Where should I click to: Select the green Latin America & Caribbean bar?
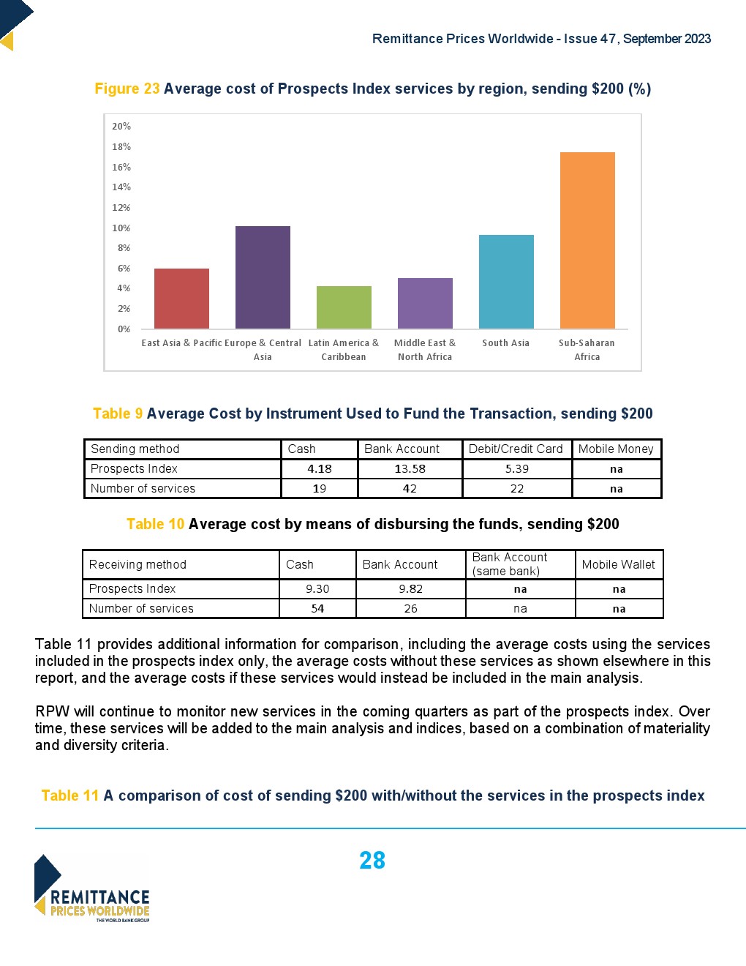pyautogui.click(x=344, y=307)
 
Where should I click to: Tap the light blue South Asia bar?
pyautogui.click(x=506, y=282)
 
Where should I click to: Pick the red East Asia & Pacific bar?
pyautogui.click(x=181, y=299)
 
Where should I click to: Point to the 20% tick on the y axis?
pyautogui.click(x=121, y=127)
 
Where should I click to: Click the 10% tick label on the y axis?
pyautogui.click(x=121, y=228)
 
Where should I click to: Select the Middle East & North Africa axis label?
pyautogui.click(x=425, y=350)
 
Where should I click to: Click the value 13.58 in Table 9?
pyautogui.click(x=410, y=469)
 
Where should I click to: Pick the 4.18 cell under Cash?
pyautogui.click(x=320, y=469)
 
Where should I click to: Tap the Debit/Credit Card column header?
pyautogui.click(x=516, y=449)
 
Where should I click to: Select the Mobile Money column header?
pyautogui.click(x=616, y=449)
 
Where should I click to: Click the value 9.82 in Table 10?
pyautogui.click(x=411, y=589)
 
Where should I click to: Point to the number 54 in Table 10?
pyautogui.click(x=317, y=609)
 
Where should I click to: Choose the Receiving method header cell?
pyautogui.click(x=137, y=564)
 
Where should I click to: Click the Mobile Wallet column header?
pyautogui.click(x=619, y=564)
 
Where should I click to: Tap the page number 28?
pyautogui.click(x=372, y=861)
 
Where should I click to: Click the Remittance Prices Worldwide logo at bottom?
pyautogui.click(x=92, y=888)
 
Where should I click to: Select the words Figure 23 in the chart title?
pyautogui.click(x=127, y=89)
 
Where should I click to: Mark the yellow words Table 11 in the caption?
pyautogui.click(x=70, y=795)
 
